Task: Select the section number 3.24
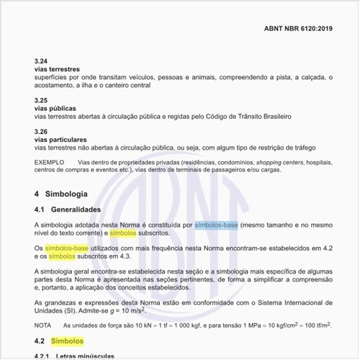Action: pyautogui.click(x=41, y=60)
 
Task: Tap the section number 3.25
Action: pyautogui.click(x=41, y=99)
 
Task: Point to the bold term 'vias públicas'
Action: pyautogui.click(x=56, y=107)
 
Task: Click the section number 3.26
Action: pyautogui.click(x=41, y=131)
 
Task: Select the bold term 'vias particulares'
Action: pyautogui.click(x=63, y=139)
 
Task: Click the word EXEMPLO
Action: pyautogui.click(x=50, y=162)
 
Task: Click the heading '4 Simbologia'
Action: pyautogui.click(x=61, y=194)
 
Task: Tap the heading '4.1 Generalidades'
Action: pyautogui.click(x=68, y=210)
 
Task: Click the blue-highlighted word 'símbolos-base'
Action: pyautogui.click(x=216, y=225)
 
